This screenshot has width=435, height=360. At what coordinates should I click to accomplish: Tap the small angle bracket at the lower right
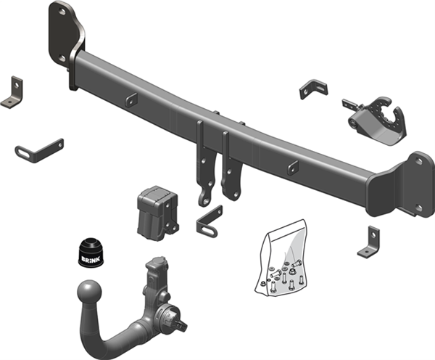click(370, 242)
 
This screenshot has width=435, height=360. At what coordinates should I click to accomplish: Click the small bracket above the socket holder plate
click(313, 89)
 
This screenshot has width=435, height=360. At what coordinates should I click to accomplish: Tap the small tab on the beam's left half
click(130, 101)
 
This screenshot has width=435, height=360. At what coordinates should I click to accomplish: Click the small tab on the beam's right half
click(293, 168)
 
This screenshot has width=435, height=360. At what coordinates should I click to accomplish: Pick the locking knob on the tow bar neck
click(173, 320)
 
